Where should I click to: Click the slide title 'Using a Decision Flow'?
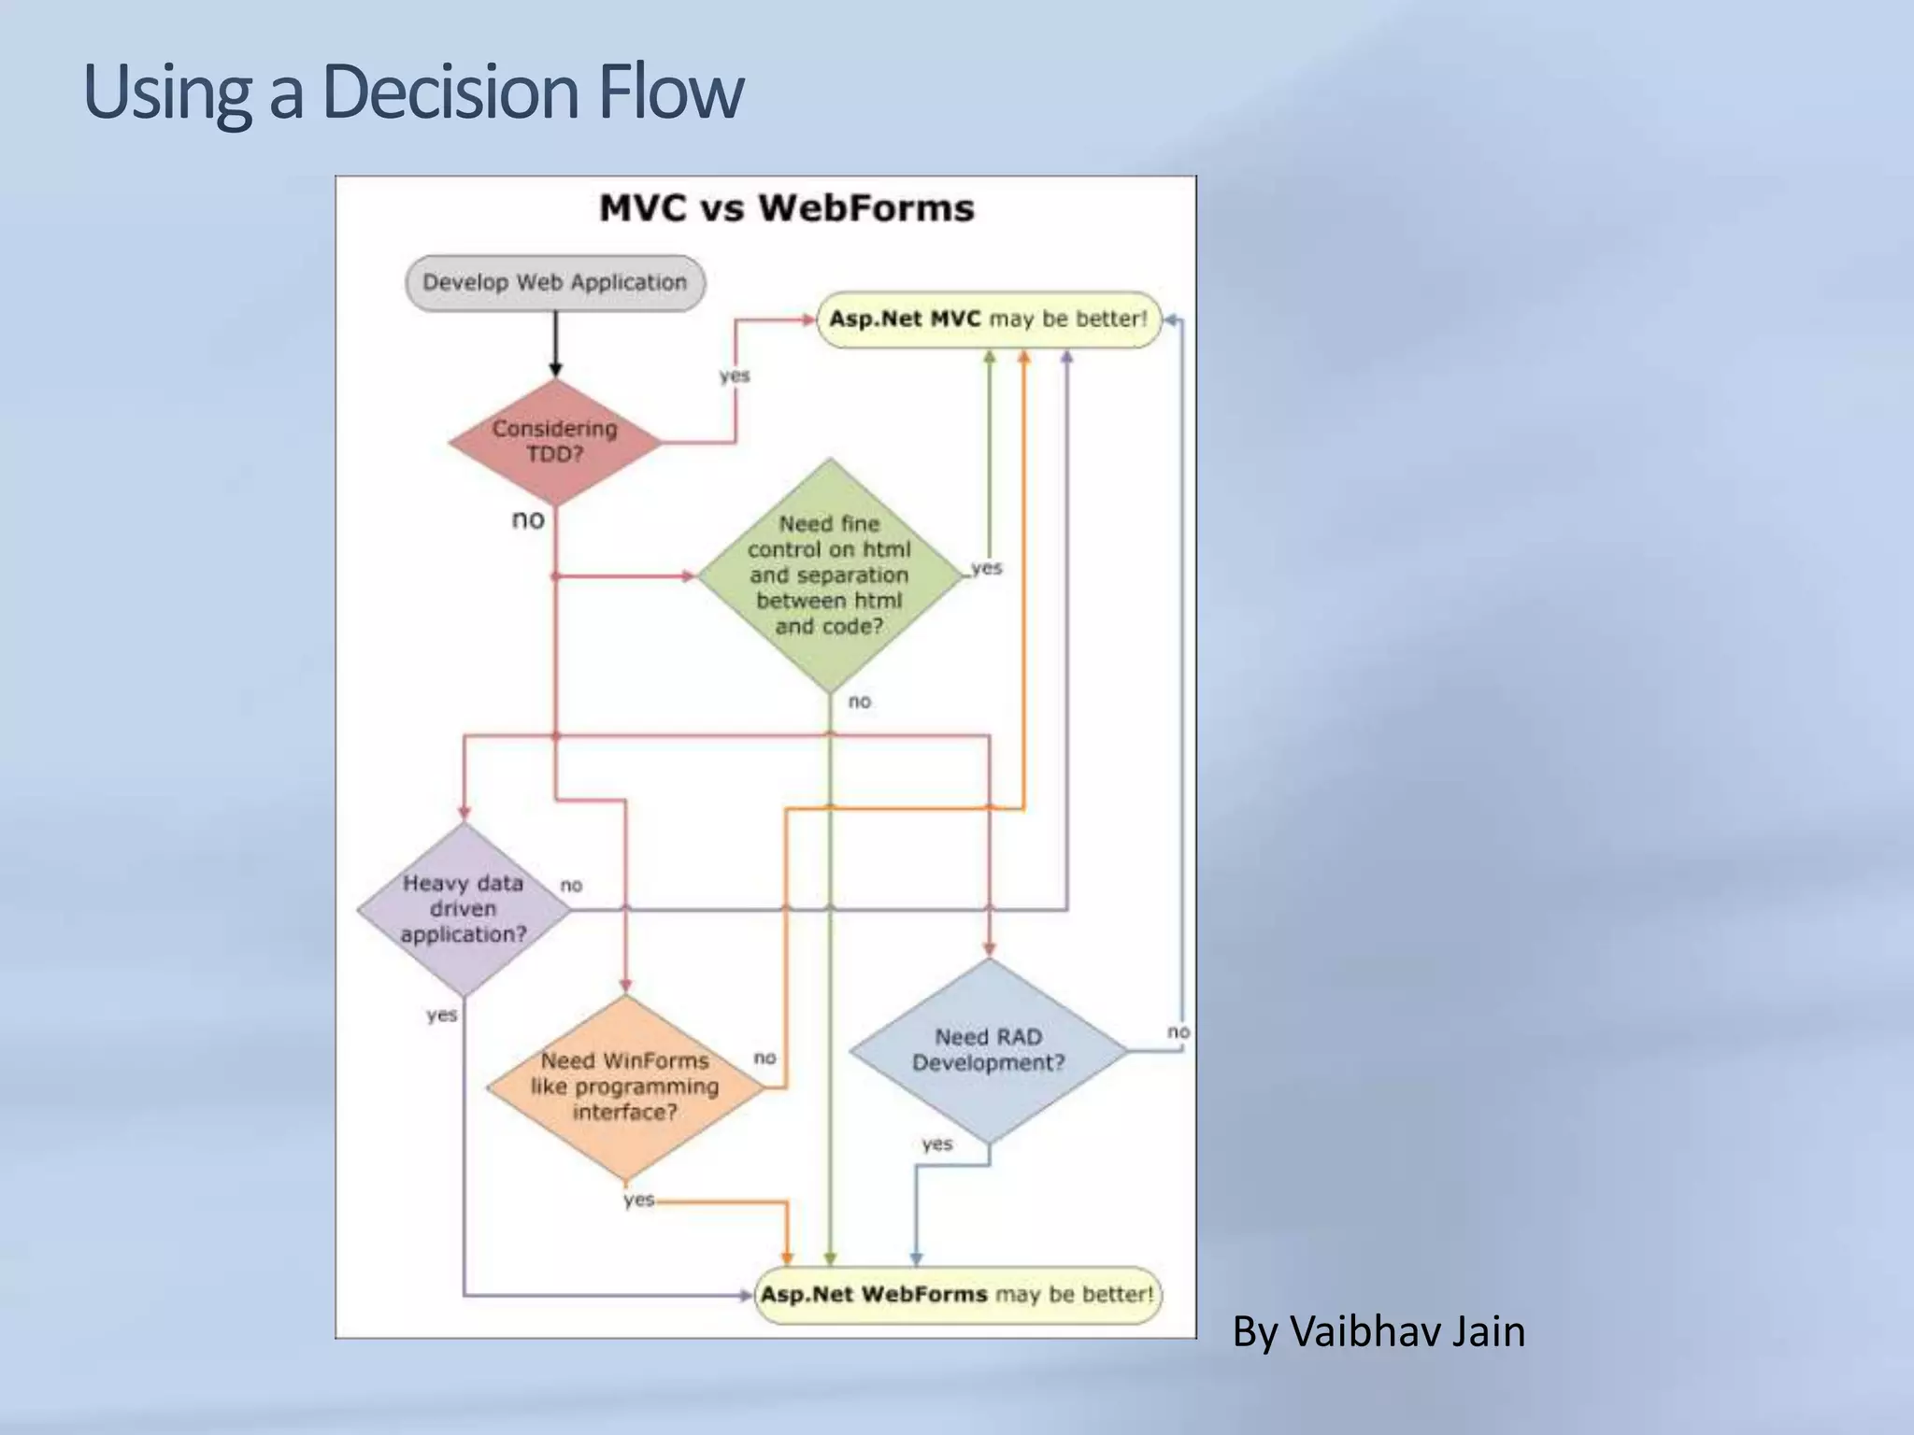[x=413, y=92]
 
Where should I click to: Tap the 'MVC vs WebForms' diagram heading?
[x=786, y=207]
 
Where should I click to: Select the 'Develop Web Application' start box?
[x=555, y=282]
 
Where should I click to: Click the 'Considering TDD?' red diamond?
[x=555, y=441]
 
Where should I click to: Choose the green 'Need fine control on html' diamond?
[x=830, y=575]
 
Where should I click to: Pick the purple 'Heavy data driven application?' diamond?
[x=464, y=909]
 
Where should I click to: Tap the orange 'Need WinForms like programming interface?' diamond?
[x=625, y=1087]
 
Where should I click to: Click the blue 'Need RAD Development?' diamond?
[x=989, y=1050]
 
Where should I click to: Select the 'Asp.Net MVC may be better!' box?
[x=989, y=319]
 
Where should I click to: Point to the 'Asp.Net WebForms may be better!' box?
[x=957, y=1294]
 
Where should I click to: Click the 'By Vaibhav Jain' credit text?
[x=1378, y=1330]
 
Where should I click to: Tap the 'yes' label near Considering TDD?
[x=735, y=376]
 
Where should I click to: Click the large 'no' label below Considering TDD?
[x=528, y=519]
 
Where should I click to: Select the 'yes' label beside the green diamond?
[x=987, y=567]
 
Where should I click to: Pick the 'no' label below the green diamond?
[x=860, y=701]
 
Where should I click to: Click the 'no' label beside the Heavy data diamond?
[x=571, y=885]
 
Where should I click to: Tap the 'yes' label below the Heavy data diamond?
[x=441, y=1015]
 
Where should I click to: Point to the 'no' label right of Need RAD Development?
[x=1178, y=1031]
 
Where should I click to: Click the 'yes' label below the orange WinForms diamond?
[x=639, y=1199]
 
